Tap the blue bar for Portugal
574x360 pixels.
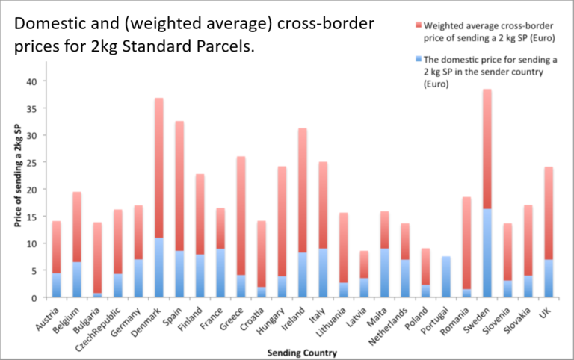(x=446, y=277)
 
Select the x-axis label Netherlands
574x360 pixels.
(x=389, y=319)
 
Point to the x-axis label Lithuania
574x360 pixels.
(x=327, y=317)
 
